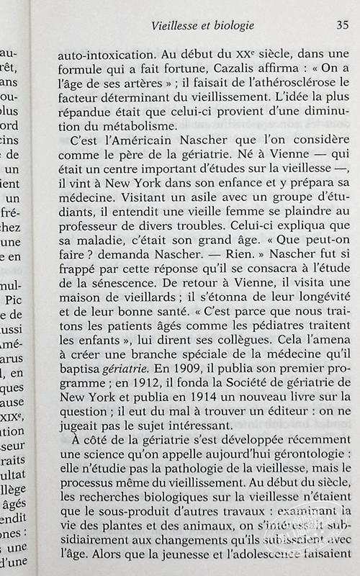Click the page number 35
tap(342, 26)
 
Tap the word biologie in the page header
tap(230, 26)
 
